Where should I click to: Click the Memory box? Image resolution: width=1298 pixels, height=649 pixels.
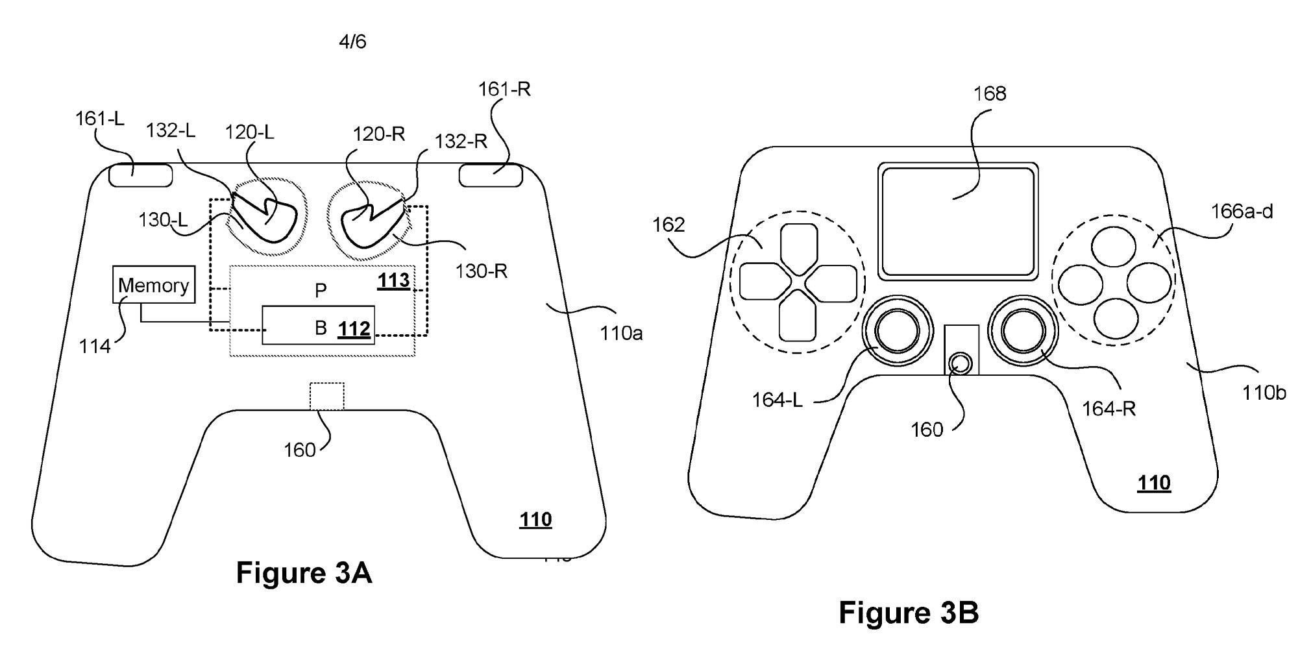coord(154,284)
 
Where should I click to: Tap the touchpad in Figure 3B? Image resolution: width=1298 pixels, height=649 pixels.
coord(955,221)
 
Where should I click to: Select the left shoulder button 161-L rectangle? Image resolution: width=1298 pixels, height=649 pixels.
coord(140,175)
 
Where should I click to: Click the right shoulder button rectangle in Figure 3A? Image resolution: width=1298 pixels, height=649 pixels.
coord(491,175)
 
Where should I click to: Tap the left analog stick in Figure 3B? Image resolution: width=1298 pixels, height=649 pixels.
coord(897,331)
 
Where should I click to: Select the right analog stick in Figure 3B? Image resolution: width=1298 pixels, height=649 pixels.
coord(1023,331)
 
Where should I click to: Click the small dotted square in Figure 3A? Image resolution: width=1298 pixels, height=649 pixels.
coord(326,396)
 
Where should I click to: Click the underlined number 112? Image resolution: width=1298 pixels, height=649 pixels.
coord(354,329)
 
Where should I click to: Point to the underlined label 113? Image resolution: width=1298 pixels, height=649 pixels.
coord(393,280)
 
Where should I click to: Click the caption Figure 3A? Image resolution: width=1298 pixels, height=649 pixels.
coord(304,573)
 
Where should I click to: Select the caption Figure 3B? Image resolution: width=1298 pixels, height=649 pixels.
coord(909,612)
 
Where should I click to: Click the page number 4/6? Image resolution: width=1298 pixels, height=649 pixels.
coord(352,42)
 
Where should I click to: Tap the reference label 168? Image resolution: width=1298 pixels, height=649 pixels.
coord(990,93)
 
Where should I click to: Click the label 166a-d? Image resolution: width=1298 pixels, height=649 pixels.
coord(1242,212)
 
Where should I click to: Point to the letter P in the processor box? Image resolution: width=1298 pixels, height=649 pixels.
coord(321,290)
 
